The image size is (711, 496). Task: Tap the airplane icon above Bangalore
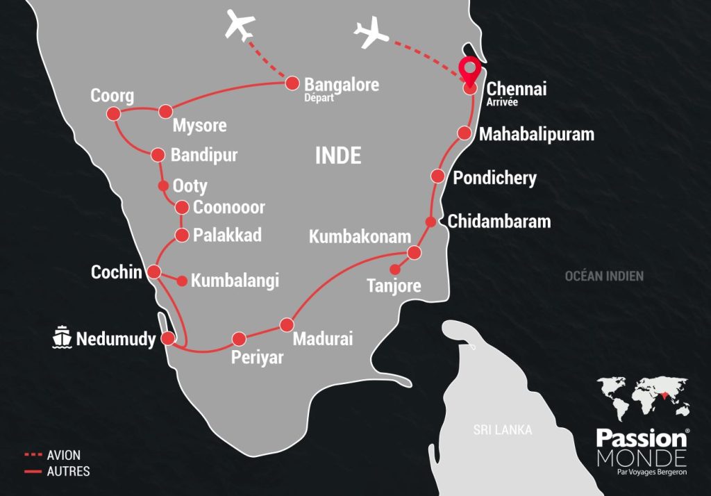(241, 26)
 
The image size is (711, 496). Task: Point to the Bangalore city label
(342, 85)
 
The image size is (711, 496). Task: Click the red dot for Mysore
(165, 111)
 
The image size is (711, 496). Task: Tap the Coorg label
(112, 96)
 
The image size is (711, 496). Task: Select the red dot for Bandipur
(157, 154)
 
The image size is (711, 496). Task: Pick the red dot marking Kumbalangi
(182, 281)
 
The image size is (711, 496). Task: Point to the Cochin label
(116, 272)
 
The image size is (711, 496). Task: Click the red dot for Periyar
(239, 338)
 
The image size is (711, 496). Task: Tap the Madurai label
(323, 339)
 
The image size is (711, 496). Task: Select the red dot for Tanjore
(395, 270)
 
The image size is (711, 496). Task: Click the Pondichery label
(494, 178)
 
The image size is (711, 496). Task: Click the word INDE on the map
(338, 156)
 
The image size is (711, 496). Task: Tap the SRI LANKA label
(503, 430)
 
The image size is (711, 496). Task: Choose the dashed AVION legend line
(33, 456)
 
